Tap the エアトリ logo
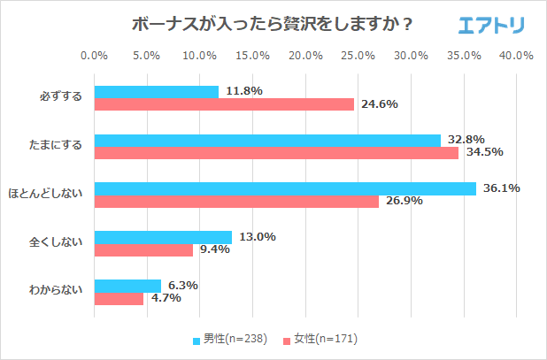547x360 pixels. point(491,25)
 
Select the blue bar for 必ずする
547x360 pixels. point(156,92)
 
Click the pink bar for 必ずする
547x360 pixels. point(224,104)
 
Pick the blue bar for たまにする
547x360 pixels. point(267,140)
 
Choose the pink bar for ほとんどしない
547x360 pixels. point(236,201)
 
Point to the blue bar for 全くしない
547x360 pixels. point(163,237)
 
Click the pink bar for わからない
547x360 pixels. point(119,298)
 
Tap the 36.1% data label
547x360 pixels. point(500,188)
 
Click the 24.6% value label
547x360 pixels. point(378,104)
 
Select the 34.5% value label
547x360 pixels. point(483,152)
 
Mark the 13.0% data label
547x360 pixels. point(256,237)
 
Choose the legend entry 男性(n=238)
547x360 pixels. point(229,339)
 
